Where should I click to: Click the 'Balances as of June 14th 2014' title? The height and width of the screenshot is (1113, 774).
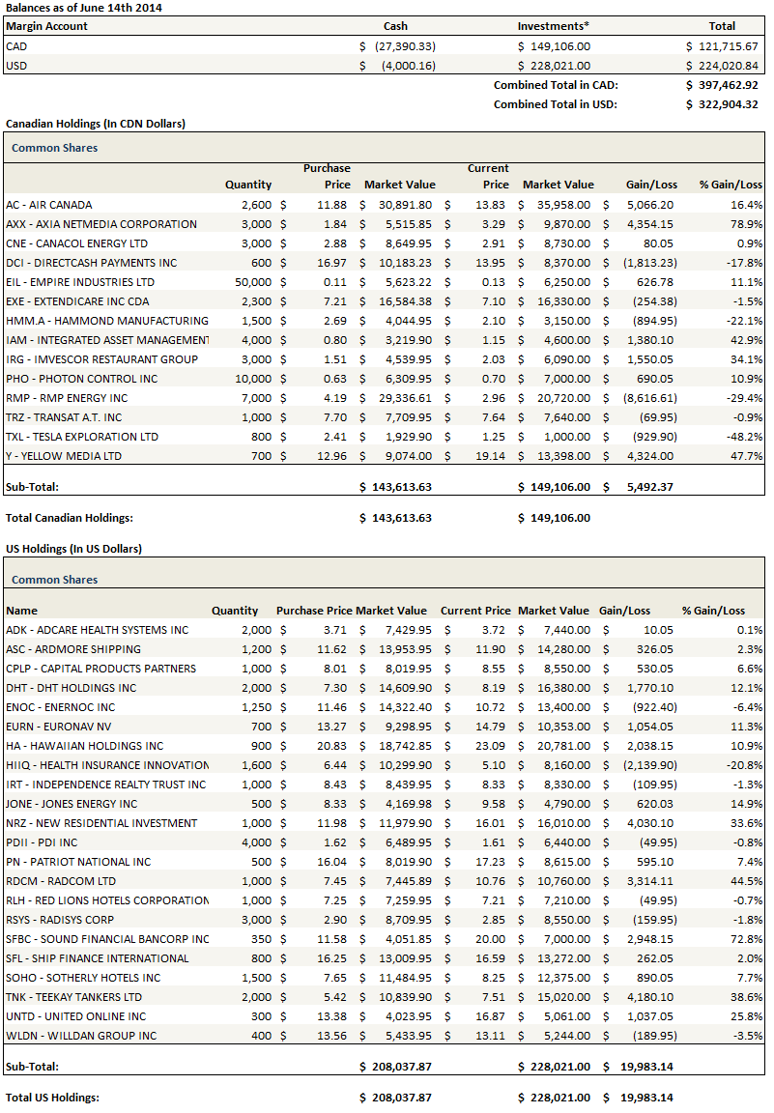(84, 8)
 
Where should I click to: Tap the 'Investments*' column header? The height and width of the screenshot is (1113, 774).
(553, 26)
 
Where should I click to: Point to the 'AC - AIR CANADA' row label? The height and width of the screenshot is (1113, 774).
(49, 205)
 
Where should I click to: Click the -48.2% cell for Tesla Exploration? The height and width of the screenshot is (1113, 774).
(745, 437)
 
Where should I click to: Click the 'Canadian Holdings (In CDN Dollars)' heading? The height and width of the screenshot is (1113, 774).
(96, 124)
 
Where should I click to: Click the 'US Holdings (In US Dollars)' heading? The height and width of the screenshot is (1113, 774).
(73, 549)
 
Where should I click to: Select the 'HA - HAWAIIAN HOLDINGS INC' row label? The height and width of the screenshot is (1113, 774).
(85, 746)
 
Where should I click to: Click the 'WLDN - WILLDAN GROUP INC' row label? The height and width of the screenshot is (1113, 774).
(81, 1036)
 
